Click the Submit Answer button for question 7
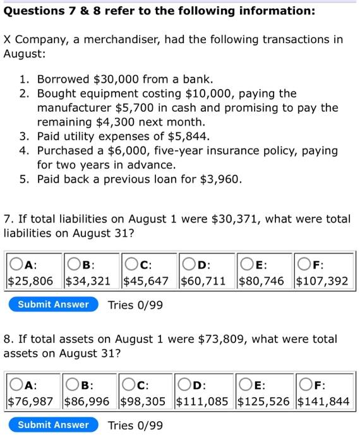coord(54,304)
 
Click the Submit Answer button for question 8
coord(54,425)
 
